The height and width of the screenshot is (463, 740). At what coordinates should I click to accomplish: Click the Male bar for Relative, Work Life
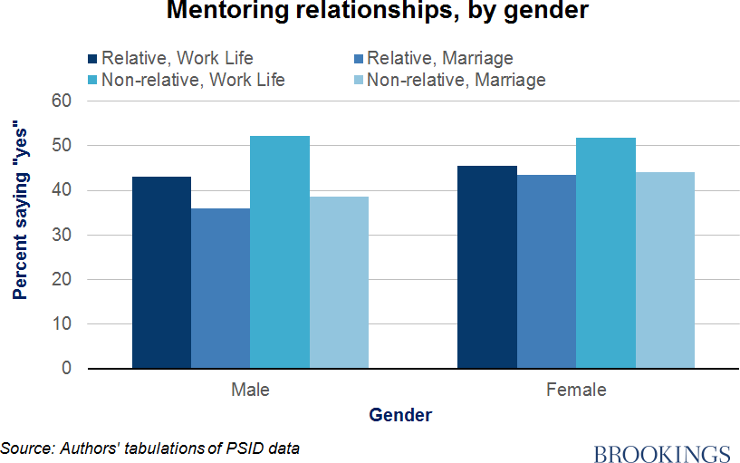pos(161,273)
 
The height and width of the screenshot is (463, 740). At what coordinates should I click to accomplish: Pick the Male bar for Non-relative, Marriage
pos(339,283)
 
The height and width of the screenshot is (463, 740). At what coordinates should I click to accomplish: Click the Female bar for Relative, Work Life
pos(487,267)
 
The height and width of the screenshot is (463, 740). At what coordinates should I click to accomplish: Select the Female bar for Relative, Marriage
pos(546,272)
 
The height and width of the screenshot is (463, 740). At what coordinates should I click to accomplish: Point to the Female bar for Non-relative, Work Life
pos(606,253)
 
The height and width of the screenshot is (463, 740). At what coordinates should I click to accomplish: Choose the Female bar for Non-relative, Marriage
pos(665,270)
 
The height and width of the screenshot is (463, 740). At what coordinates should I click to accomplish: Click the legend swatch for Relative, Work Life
pos(93,59)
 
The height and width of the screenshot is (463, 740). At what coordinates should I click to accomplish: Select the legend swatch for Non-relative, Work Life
pos(93,80)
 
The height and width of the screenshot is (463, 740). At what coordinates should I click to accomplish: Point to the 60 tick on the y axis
pos(61,101)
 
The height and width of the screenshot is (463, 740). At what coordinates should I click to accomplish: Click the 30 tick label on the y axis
pos(61,235)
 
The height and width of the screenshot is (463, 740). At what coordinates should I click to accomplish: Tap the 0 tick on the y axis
pos(65,369)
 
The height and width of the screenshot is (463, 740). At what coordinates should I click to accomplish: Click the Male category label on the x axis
pos(250,391)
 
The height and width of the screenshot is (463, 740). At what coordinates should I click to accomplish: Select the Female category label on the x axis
pos(576,391)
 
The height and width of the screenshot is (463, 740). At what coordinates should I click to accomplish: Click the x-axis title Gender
pos(400,416)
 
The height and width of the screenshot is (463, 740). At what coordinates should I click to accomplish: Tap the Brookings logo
pos(662,453)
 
